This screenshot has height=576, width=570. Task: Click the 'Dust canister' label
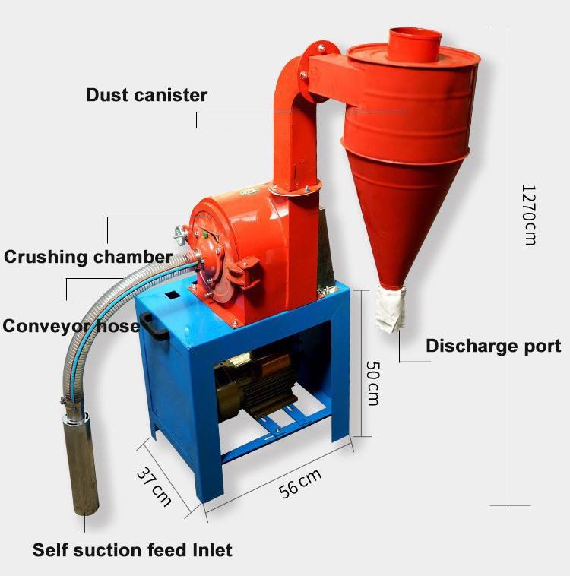(147, 95)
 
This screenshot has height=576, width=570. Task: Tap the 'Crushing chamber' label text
(87, 256)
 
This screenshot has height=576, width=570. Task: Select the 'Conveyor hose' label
(71, 326)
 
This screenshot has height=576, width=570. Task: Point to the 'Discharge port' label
(493, 346)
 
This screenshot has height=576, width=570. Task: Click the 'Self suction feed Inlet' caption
(132, 549)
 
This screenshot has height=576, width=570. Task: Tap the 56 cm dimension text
(300, 484)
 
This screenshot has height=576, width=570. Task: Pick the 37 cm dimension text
(154, 486)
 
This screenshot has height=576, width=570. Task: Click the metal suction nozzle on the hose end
(81, 464)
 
